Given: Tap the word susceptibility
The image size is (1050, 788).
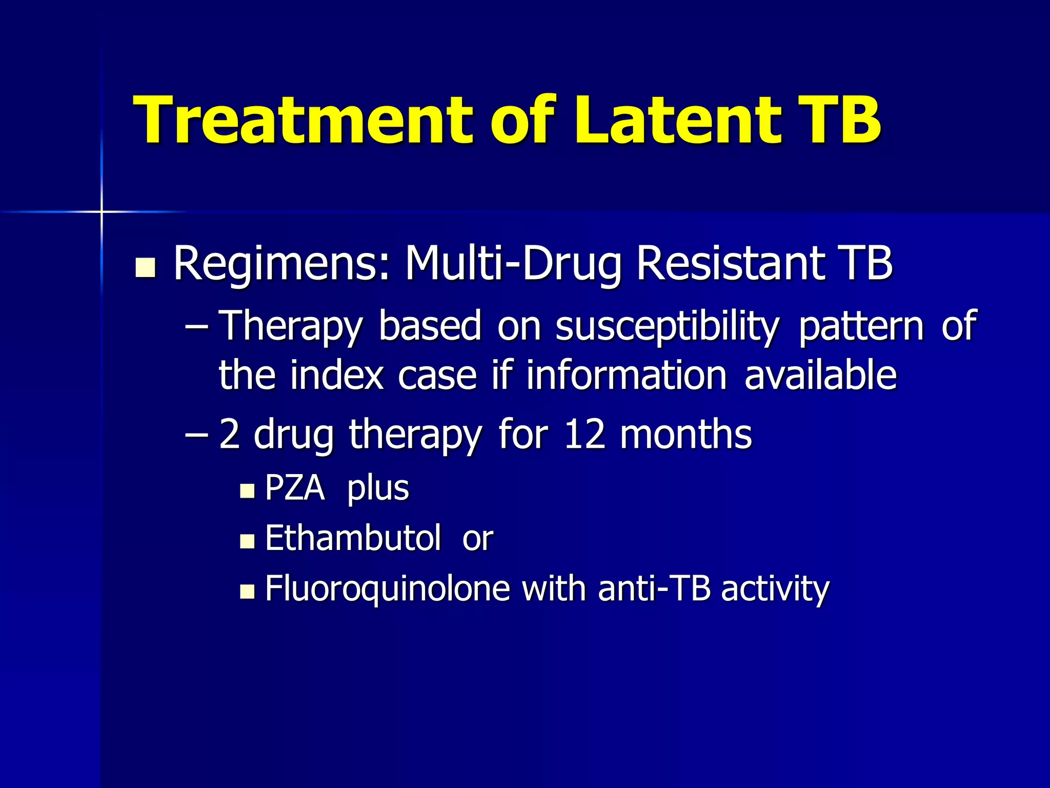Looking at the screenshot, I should click(x=667, y=327).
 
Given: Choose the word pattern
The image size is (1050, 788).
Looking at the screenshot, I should click(x=861, y=327).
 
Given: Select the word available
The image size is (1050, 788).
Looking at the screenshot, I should click(x=820, y=375).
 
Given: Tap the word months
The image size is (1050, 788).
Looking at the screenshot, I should click(x=685, y=434).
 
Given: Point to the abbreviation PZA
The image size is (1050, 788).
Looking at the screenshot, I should click(x=295, y=488).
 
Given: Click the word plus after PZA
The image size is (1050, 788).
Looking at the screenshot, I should click(x=378, y=489).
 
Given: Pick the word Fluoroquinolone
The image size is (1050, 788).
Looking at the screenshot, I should click(x=387, y=589).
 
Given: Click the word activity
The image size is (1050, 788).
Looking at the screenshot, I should click(x=775, y=589).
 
